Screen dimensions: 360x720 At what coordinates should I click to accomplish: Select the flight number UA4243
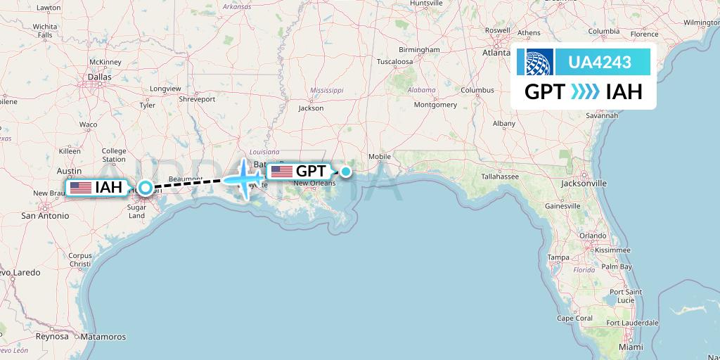pyautogui.click(x=599, y=63)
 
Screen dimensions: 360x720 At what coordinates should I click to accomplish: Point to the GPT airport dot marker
pyautogui.click(x=346, y=171)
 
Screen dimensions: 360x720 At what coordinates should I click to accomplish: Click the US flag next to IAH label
pyautogui.click(x=81, y=188)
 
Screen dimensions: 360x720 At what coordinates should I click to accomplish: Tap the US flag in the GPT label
pyautogui.click(x=281, y=172)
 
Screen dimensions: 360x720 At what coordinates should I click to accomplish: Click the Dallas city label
pyautogui.click(x=100, y=77)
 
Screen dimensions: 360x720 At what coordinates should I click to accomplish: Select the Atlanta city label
pyautogui.click(x=496, y=53)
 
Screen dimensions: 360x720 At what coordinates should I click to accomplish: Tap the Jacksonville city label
pyautogui.click(x=584, y=183)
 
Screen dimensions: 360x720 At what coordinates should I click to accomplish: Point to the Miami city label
pyautogui.click(x=631, y=347)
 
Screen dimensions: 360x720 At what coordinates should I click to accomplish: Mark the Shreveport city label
pyautogui.click(x=197, y=99)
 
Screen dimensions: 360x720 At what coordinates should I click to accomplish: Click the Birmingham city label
pyautogui.click(x=419, y=50)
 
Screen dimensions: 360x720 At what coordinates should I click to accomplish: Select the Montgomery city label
pyautogui.click(x=435, y=105)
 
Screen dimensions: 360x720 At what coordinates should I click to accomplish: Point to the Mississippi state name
pyautogui.click(x=326, y=91)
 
